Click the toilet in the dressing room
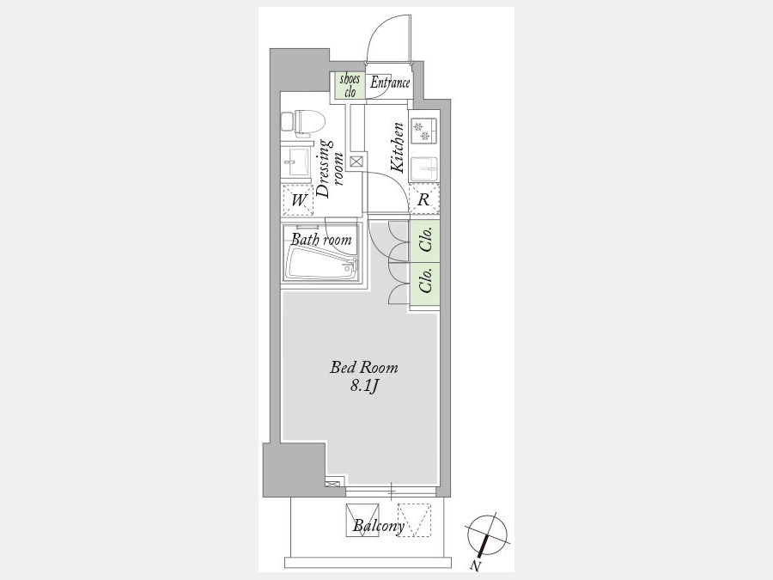[303, 123]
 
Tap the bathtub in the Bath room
[322, 264]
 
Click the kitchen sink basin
[424, 168]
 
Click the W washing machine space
[297, 200]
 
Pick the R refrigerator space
[424, 199]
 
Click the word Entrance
[390, 82]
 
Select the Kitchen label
[398, 148]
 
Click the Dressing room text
[331, 168]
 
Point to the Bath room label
[321, 239]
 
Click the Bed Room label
[364, 368]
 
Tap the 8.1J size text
[364, 386]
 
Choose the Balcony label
[379, 526]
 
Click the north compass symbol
[488, 536]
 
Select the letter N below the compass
[475, 565]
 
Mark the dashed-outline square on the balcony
[414, 520]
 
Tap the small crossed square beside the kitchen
[356, 162]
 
